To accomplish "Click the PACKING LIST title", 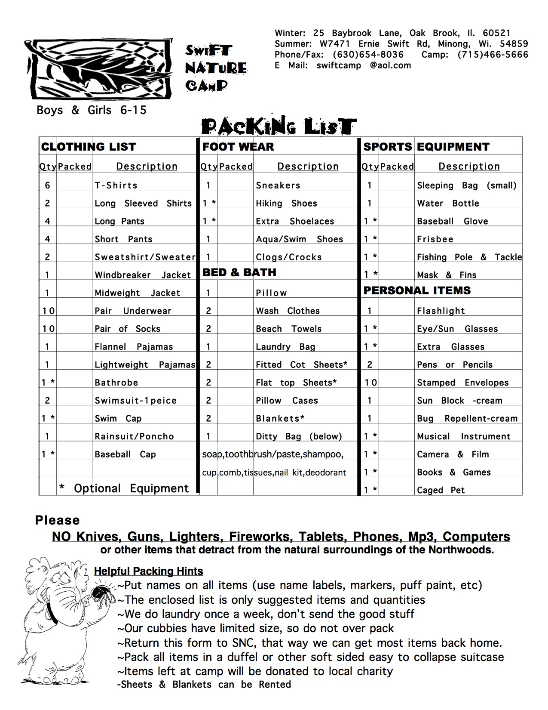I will [x=279, y=127].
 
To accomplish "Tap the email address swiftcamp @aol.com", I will [x=364, y=65].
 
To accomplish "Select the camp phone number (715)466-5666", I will [x=493, y=55].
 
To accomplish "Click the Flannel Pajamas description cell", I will [x=134, y=347].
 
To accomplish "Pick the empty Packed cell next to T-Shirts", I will [x=74, y=185].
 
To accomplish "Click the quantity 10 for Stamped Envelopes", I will [x=370, y=383].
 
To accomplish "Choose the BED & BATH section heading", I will [x=239, y=272].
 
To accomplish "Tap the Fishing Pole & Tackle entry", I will [x=469, y=257].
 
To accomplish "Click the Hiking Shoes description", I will [x=286, y=204].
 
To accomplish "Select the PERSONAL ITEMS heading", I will [x=417, y=290].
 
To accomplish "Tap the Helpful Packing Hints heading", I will [x=148, y=571].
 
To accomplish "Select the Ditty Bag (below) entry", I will [x=299, y=436].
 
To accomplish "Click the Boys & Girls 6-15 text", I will [x=91, y=110].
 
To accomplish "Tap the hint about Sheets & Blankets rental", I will [x=204, y=684].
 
